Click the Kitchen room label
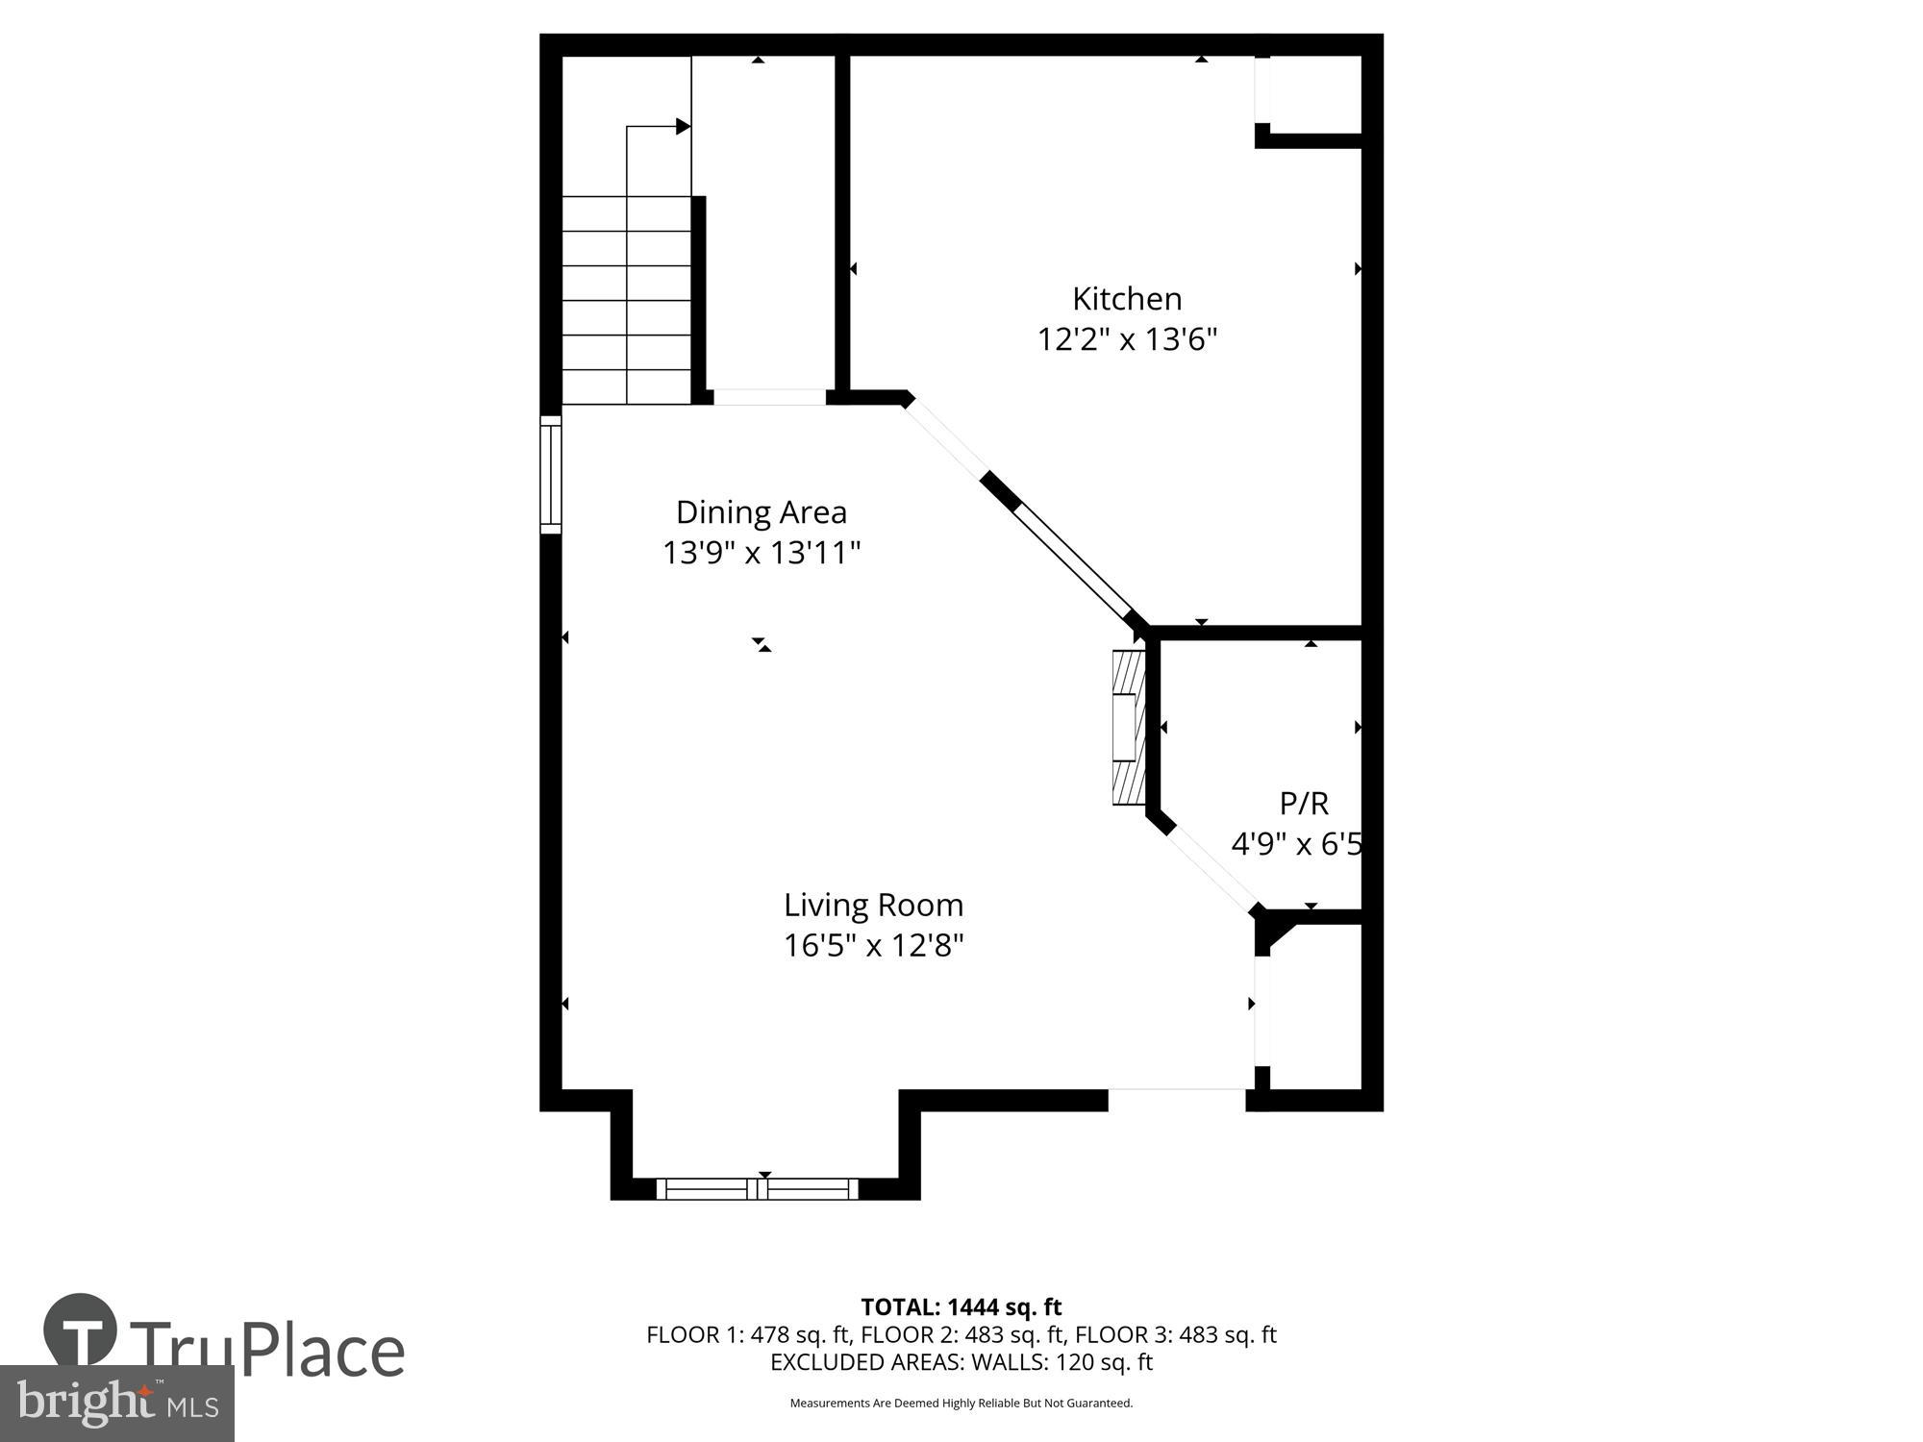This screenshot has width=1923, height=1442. [x=1127, y=299]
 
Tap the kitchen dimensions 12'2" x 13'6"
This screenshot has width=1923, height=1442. [x=1127, y=340]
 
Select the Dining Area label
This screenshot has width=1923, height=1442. [x=761, y=512]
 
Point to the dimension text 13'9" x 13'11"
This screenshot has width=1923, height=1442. [x=761, y=554]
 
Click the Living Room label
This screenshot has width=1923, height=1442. [x=873, y=906]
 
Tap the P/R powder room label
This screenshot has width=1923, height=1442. [x=1304, y=803]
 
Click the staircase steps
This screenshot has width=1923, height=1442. [x=626, y=300]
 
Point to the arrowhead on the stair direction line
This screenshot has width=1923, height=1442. [x=683, y=126]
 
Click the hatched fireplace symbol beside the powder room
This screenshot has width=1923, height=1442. [x=1129, y=728]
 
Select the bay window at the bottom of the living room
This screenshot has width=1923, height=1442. [x=758, y=1188]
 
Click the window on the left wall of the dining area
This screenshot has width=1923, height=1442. [x=550, y=475]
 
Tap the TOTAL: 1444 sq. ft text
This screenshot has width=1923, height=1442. [x=961, y=1307]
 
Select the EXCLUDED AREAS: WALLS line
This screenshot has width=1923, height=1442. [x=961, y=1362]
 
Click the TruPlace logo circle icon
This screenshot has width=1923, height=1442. [x=81, y=1330]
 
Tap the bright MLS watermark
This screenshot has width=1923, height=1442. [x=117, y=1404]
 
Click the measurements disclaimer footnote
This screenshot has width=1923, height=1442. [x=961, y=1404]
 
